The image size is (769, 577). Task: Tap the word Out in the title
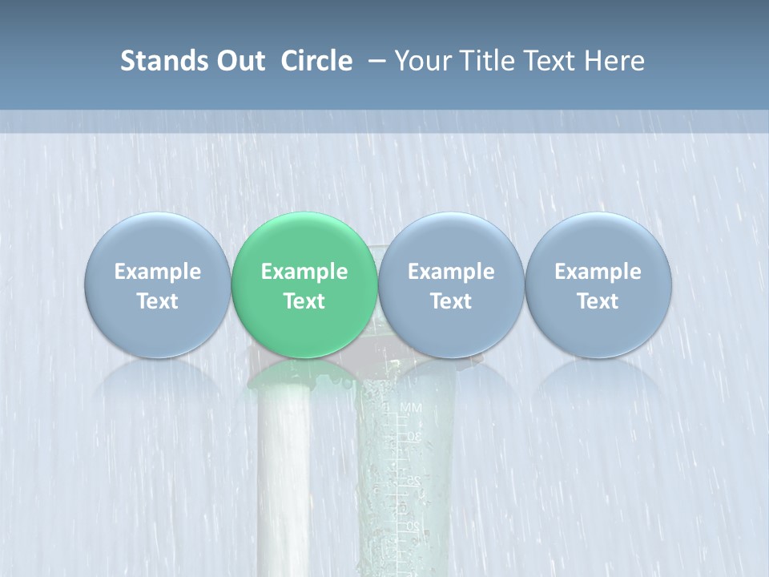(x=239, y=61)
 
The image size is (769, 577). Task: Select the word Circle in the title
(x=316, y=61)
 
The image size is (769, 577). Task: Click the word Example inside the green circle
(x=304, y=272)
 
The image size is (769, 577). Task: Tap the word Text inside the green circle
(x=304, y=301)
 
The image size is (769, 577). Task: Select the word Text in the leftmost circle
(x=157, y=301)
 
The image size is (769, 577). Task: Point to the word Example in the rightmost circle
(x=598, y=272)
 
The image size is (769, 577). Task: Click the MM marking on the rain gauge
(x=410, y=409)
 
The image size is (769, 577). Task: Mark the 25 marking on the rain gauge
(x=413, y=481)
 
